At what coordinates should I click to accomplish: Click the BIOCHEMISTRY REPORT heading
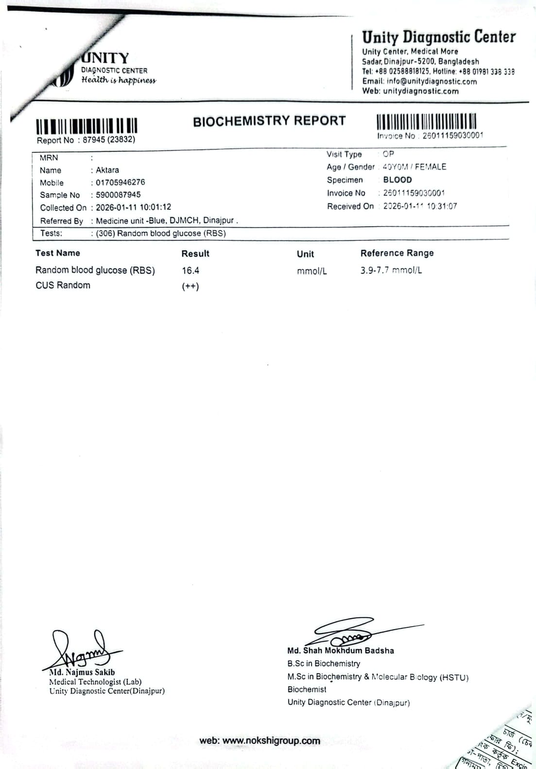[x=269, y=121]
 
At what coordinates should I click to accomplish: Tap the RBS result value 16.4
[x=190, y=271]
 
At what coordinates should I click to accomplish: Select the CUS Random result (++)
[x=190, y=286]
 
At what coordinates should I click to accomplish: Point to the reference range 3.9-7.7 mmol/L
[x=391, y=270]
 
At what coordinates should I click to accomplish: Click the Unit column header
[x=305, y=254]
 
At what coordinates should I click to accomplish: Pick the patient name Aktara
[x=107, y=170]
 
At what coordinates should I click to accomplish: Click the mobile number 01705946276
[x=121, y=183]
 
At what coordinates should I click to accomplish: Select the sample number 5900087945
[x=118, y=195]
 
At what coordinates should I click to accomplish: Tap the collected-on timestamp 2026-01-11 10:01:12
[x=134, y=207]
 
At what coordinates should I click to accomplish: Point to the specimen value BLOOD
[x=397, y=180]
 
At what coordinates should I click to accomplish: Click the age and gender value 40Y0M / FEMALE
[x=415, y=167]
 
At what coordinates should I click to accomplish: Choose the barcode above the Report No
[x=86, y=126]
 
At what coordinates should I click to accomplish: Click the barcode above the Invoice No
[x=426, y=121]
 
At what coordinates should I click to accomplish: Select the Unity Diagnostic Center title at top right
[x=438, y=37]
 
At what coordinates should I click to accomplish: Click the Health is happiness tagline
[x=119, y=81]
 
